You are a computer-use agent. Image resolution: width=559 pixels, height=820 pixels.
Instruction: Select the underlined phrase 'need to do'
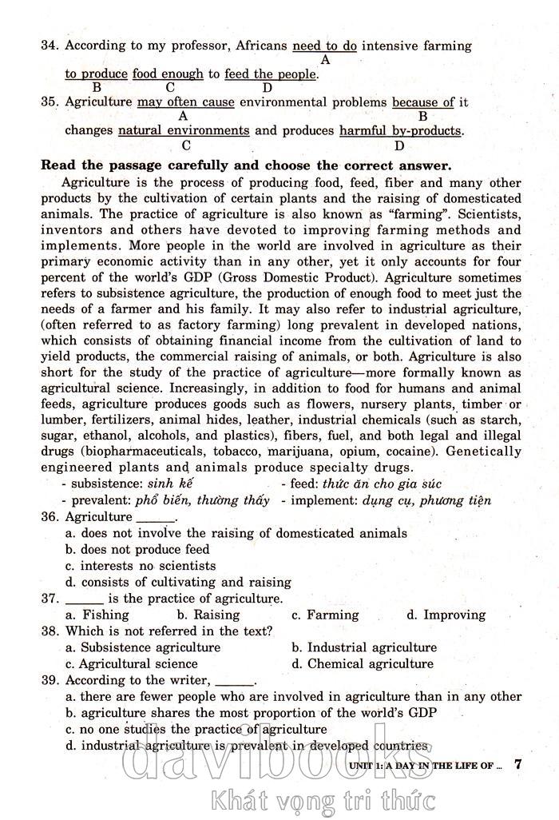pos(325,46)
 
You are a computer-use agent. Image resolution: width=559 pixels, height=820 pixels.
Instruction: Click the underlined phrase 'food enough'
pos(168,74)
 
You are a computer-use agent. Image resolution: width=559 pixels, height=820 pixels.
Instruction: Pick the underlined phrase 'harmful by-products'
pos(400,130)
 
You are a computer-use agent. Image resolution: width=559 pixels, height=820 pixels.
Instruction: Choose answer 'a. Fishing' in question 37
pos(97,615)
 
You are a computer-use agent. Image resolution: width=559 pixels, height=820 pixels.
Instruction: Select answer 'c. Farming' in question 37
pos(324,615)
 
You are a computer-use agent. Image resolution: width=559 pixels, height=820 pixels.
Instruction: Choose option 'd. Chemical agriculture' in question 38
pos(362,663)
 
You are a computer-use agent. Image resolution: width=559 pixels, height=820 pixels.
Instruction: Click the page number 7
pos(518,763)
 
